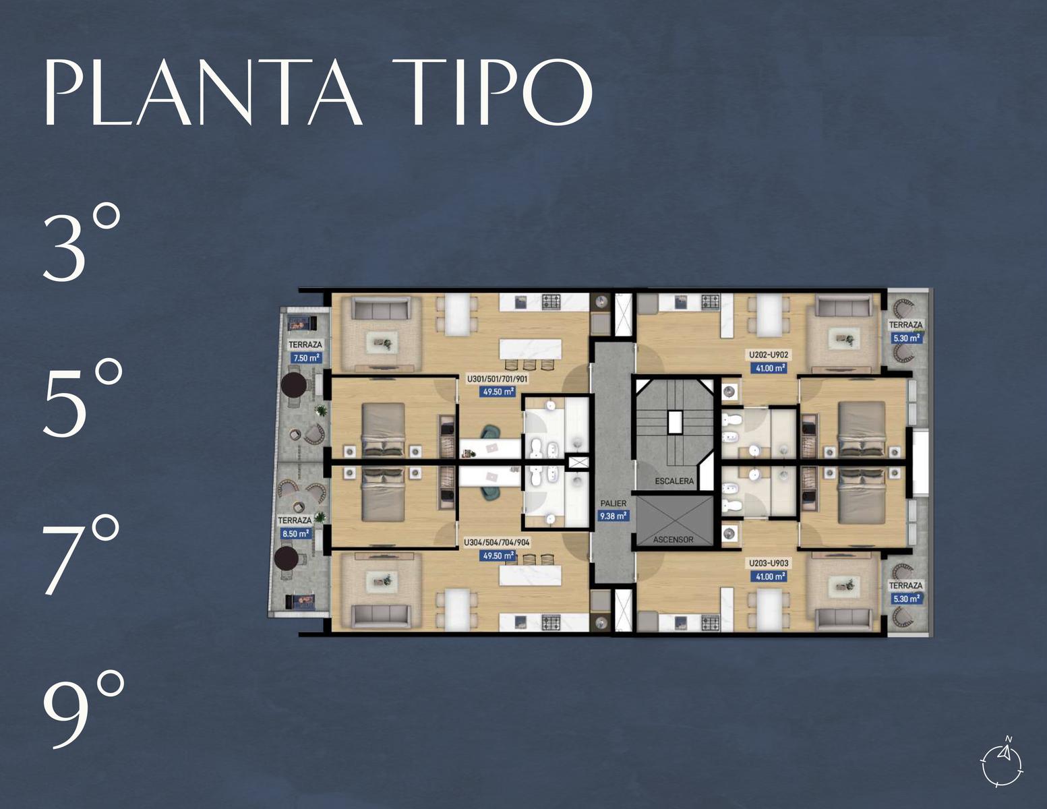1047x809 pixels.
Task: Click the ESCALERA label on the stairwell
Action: pyautogui.click(x=674, y=481)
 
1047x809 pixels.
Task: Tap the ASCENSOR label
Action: pyautogui.click(x=673, y=539)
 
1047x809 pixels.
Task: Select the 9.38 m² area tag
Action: pyautogui.click(x=613, y=516)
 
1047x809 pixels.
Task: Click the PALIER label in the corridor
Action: pyautogui.click(x=614, y=503)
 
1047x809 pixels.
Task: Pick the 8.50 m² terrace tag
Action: pyautogui.click(x=295, y=534)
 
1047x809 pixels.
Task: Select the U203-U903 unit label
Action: pyautogui.click(x=769, y=563)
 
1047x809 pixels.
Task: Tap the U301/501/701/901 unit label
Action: pyautogui.click(x=498, y=379)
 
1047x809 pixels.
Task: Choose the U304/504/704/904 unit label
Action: pyautogui.click(x=497, y=543)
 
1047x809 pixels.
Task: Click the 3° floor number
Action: pyautogui.click(x=82, y=242)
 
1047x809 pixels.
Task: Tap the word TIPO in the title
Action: pyautogui.click(x=492, y=92)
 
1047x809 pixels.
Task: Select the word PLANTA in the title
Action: pyautogui.click(x=203, y=92)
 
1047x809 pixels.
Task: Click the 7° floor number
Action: pyautogui.click(x=80, y=555)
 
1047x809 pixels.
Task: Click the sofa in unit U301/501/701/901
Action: pyautogui.click(x=381, y=308)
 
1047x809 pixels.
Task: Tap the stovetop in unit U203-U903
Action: pyautogui.click(x=710, y=623)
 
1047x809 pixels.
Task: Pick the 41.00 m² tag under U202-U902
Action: pyautogui.click(x=769, y=368)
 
